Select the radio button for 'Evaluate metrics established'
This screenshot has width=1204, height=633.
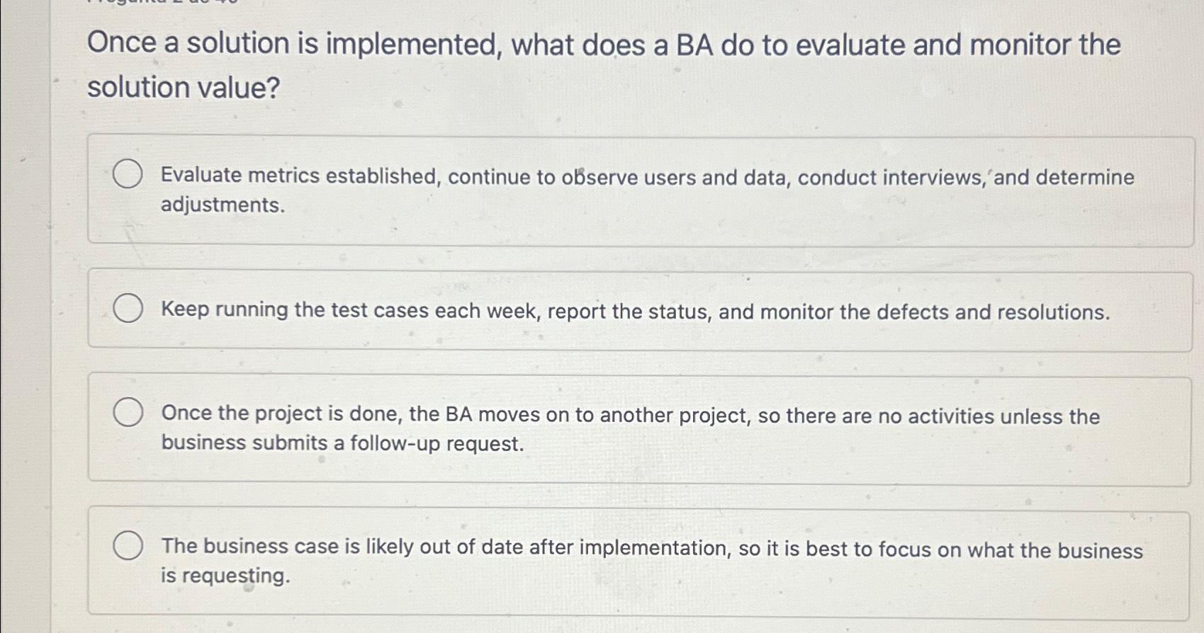128,174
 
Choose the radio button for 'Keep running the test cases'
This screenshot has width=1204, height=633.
128,309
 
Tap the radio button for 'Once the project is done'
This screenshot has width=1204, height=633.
128,413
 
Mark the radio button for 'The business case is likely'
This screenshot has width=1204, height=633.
128,546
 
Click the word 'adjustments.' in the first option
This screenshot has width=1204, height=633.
223,205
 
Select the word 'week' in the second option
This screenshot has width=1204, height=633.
512,312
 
